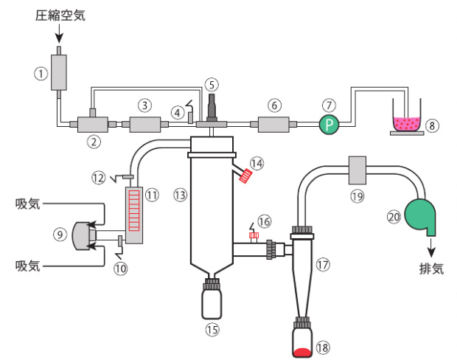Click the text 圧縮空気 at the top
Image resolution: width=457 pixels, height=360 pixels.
tap(60, 14)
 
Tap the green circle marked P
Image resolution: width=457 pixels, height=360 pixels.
tap(328, 125)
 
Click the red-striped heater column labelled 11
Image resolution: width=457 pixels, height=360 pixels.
tap(134, 215)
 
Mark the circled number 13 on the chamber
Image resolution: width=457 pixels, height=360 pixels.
tap(178, 194)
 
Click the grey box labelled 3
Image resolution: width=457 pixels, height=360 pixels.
tap(144, 125)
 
